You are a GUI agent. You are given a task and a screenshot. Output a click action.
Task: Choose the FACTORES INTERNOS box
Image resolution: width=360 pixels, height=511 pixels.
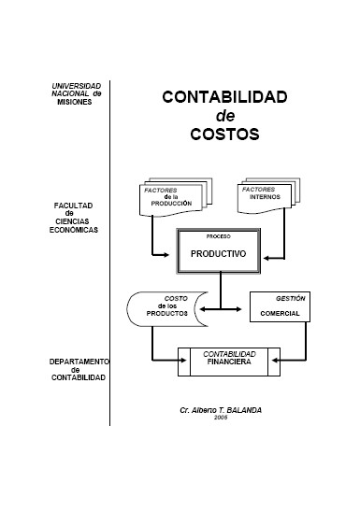click(x=269, y=198)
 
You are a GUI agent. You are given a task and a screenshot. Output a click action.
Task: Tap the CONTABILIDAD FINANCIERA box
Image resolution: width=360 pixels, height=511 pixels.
click(x=229, y=360)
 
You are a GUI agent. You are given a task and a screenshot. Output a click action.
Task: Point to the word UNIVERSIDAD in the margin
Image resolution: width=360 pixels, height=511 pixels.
click(x=77, y=86)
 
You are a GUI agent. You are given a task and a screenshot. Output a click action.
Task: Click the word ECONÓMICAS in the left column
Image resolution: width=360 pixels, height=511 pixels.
click(x=75, y=228)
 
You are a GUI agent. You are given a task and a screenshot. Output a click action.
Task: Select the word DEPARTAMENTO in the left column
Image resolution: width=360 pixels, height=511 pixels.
click(x=79, y=361)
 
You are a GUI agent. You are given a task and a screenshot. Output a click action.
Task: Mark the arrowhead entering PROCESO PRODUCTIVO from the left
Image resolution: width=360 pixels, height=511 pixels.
click(x=173, y=252)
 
